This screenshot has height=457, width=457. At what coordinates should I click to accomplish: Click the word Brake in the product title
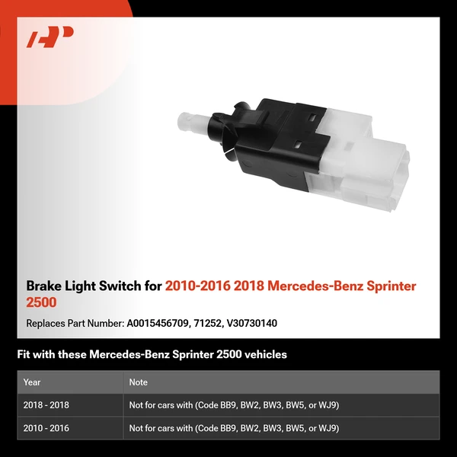click(x=43, y=287)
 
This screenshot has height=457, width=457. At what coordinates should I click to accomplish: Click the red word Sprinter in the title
click(x=388, y=287)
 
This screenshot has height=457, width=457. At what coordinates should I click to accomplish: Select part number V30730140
click(x=252, y=324)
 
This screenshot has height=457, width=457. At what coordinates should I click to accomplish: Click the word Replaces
click(x=46, y=324)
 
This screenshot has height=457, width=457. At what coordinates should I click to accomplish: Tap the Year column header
click(x=32, y=382)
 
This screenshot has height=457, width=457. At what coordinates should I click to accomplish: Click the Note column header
click(x=139, y=382)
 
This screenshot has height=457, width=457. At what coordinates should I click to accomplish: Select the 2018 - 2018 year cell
click(x=46, y=405)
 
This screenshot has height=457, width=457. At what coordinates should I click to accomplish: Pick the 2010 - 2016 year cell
click(x=46, y=428)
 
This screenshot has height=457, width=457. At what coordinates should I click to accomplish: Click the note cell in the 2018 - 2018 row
click(x=234, y=405)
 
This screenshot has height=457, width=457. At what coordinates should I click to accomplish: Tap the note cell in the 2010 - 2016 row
click(x=234, y=428)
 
